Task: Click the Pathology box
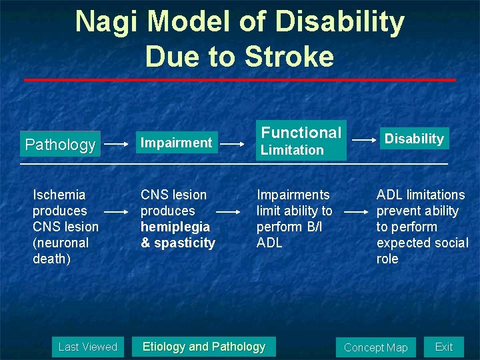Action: [x=60, y=144]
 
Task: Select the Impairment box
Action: [x=175, y=142]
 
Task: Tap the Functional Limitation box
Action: [x=301, y=140]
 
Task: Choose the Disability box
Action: [x=414, y=139]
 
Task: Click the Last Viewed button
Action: [x=87, y=347]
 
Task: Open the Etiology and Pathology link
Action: [x=204, y=347]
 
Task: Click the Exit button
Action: [x=443, y=347]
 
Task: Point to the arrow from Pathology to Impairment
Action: [x=117, y=143]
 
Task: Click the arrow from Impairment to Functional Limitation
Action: [x=232, y=143]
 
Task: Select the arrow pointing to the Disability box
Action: [x=363, y=139]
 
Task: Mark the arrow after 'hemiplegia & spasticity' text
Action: [x=229, y=211]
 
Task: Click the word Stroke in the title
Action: [x=289, y=57]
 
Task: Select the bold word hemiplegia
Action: [x=175, y=227]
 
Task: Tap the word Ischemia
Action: [x=59, y=195]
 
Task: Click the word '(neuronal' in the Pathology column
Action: [x=61, y=243]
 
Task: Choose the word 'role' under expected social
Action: [x=387, y=259]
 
